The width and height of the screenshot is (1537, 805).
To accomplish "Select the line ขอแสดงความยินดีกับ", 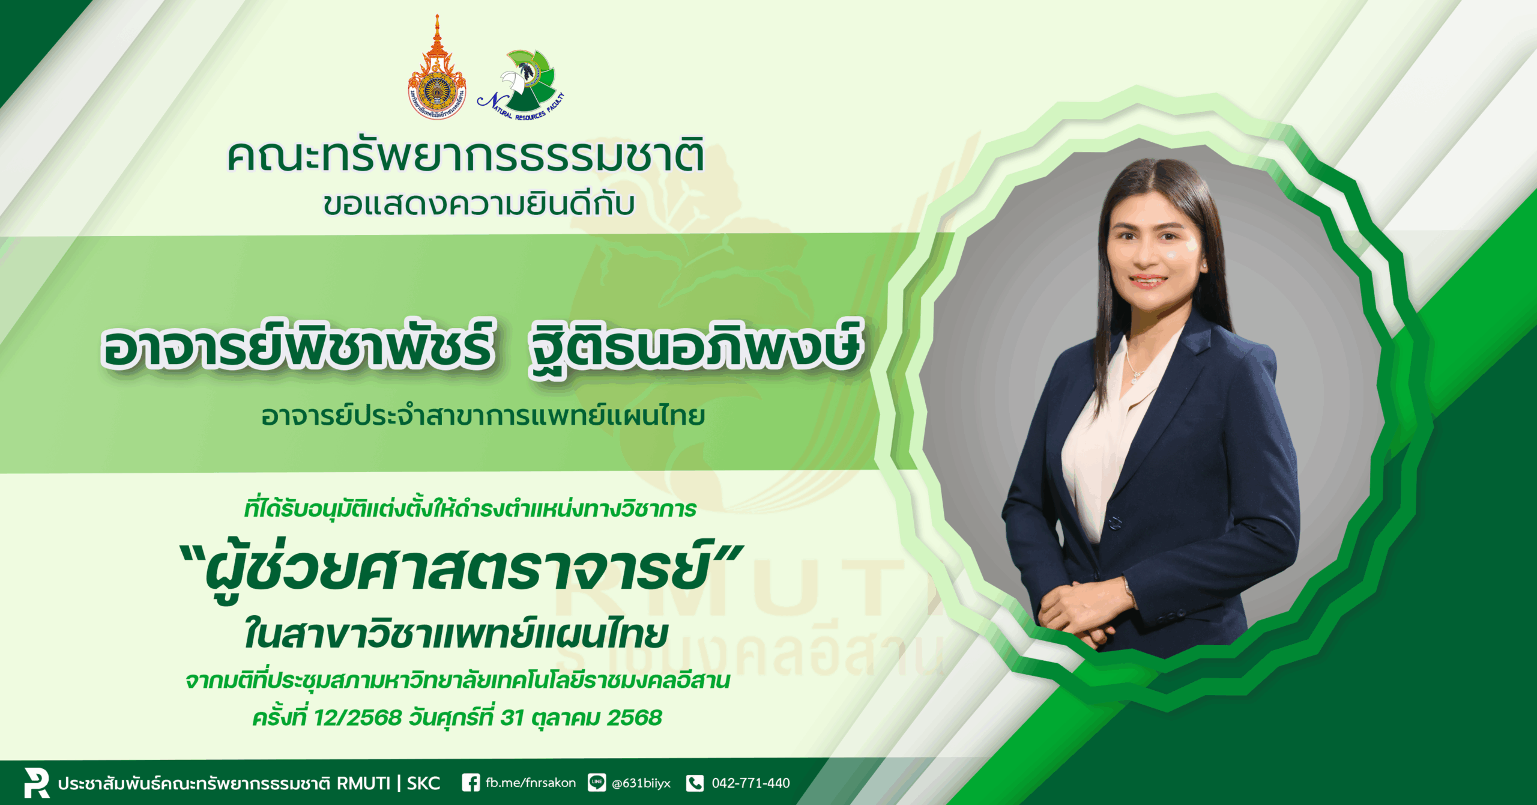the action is tap(479, 204).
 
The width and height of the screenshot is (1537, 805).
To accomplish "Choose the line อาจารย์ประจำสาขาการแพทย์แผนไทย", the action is tap(483, 416).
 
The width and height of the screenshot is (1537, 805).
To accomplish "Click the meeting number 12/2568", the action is tap(357, 717).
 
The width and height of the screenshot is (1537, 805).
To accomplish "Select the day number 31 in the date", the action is tap(512, 717).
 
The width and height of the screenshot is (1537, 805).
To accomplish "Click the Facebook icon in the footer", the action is tap(471, 783).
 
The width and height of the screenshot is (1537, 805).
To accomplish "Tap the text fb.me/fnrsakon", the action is tap(531, 783).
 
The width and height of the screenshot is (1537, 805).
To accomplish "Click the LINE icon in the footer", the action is tap(597, 783).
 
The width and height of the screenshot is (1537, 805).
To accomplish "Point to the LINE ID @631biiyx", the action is tap(641, 783).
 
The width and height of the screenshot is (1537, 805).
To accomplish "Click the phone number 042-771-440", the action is tap(750, 783).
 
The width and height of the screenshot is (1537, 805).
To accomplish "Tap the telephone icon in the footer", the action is tap(695, 783).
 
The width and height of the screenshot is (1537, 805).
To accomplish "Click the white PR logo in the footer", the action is tap(36, 782).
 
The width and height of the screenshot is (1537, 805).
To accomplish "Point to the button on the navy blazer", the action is tap(1114, 522).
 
